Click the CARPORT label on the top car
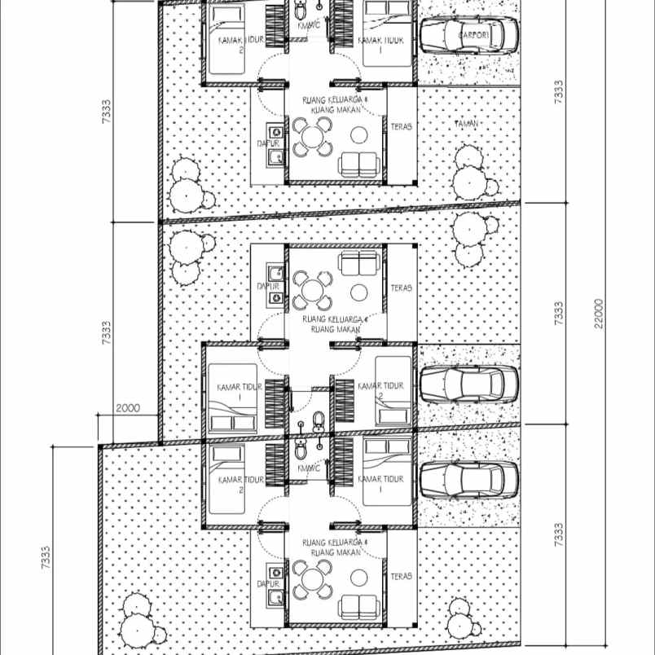click(x=473, y=35)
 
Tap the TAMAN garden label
click(x=466, y=124)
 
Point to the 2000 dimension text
click(x=127, y=408)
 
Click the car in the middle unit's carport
click(x=468, y=383)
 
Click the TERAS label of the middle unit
click(x=401, y=288)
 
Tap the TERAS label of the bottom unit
click(x=401, y=576)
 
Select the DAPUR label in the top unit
click(x=268, y=143)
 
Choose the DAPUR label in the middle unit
click(x=268, y=287)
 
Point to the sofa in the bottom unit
click(x=359, y=606)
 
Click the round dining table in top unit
click(x=312, y=137)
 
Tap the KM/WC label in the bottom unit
click(x=309, y=468)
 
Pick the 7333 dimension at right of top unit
click(x=558, y=90)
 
